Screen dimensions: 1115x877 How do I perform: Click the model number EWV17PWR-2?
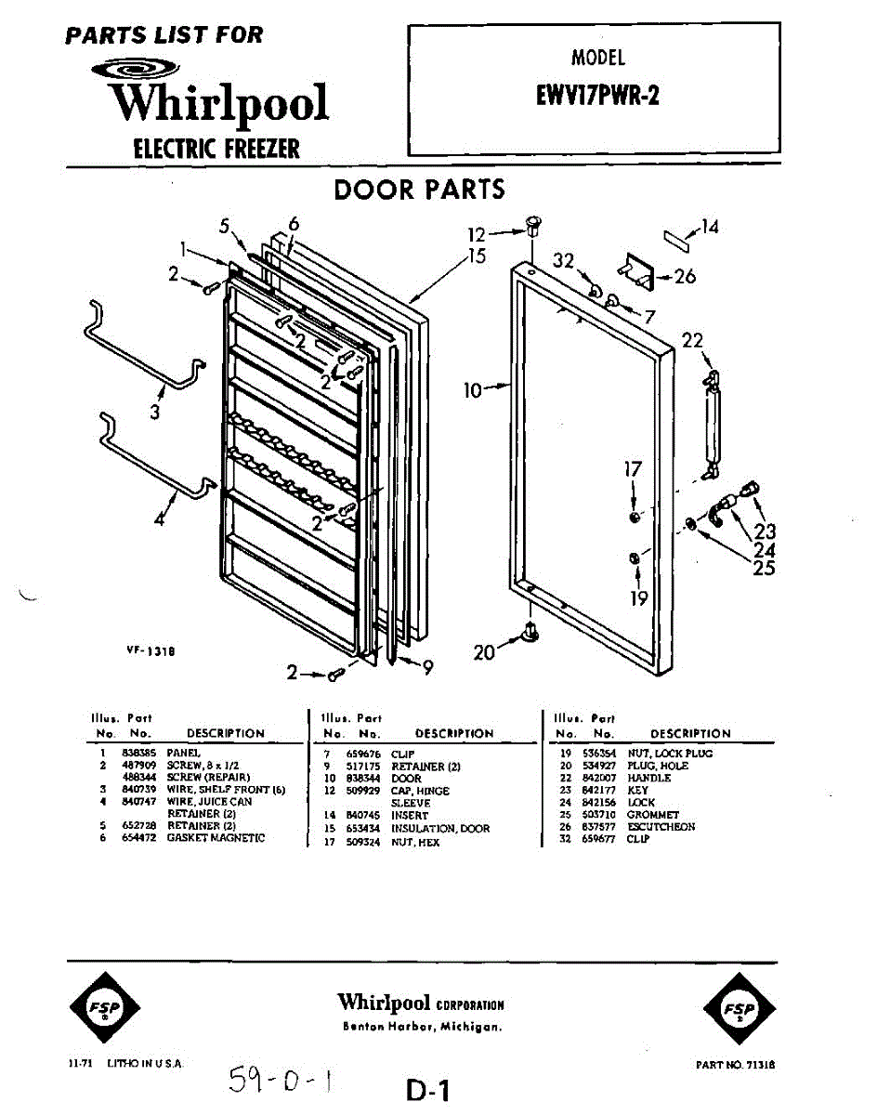[597, 97]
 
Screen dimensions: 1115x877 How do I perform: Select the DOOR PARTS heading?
[420, 190]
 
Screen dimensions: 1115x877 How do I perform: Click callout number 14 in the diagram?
[709, 227]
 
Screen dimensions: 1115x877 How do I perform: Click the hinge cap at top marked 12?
[533, 226]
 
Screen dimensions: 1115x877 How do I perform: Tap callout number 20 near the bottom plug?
[484, 652]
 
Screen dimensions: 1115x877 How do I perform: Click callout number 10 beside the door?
[474, 390]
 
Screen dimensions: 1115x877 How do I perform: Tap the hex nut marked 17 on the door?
[632, 515]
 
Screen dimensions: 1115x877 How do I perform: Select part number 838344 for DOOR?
[358, 779]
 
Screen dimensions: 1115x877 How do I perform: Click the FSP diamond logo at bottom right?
[740, 1009]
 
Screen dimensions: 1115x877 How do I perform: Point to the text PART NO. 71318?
[735, 1065]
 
